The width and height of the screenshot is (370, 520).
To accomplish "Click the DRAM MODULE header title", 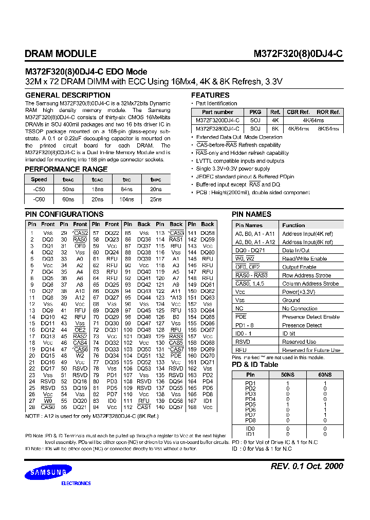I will [x=60, y=53].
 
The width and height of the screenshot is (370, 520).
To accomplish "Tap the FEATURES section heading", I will [x=210, y=95].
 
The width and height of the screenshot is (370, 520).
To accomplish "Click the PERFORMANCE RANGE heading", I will [x=66, y=169].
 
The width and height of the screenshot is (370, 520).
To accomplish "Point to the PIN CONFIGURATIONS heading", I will [x=64, y=214].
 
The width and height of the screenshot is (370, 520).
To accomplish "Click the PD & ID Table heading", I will [x=255, y=364].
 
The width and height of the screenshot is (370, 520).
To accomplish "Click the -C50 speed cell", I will [x=39, y=189].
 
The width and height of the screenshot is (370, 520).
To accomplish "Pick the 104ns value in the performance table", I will [x=126, y=198].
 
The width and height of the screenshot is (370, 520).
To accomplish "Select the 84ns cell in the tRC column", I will [x=126, y=189].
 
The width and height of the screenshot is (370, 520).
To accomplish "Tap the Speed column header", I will [x=39, y=180].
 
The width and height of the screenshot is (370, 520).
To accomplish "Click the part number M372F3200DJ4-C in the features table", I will [x=217, y=120].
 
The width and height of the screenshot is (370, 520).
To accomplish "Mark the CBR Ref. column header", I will [x=298, y=112].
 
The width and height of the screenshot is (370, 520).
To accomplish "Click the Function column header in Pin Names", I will [x=293, y=225].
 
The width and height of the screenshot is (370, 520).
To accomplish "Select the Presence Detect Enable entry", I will [x=310, y=317].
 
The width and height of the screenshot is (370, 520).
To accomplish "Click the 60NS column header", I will [x=324, y=375].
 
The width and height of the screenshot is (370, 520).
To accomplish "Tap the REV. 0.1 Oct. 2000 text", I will [x=306, y=466].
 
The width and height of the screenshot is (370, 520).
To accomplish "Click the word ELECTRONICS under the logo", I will [x=76, y=484].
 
